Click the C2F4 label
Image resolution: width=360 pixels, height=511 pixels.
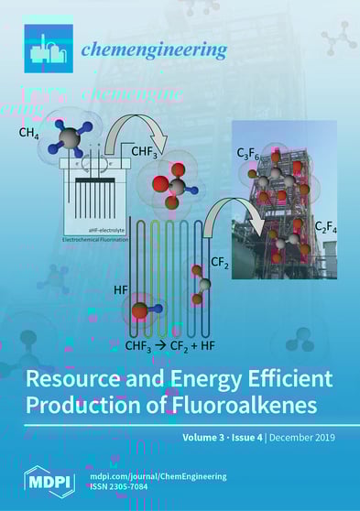[325, 225]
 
